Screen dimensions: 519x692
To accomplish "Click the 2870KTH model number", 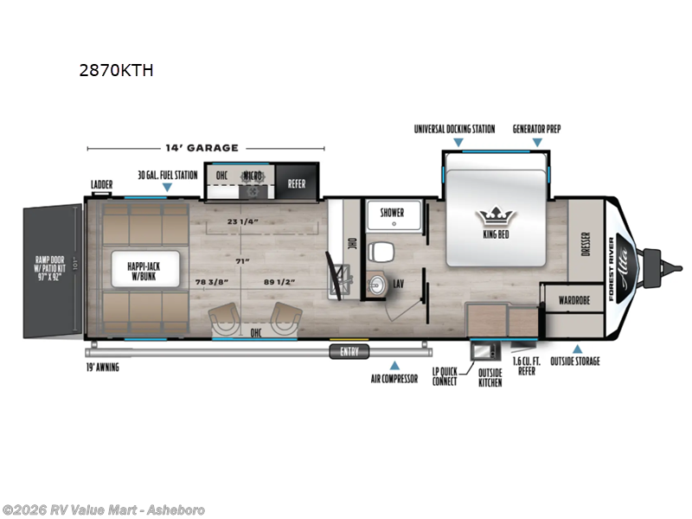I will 116,71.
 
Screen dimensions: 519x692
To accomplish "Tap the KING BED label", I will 496,233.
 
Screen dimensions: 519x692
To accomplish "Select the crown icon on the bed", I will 496,215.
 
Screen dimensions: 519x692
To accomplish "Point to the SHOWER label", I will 393,210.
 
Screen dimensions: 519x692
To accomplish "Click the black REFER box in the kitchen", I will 296,183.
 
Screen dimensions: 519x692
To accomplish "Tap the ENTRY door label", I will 349,351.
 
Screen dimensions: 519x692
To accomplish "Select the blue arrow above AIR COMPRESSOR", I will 394,365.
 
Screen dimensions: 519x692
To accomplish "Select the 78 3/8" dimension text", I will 213,281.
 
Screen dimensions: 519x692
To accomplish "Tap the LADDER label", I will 103,184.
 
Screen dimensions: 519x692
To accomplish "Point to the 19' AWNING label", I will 102,368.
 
